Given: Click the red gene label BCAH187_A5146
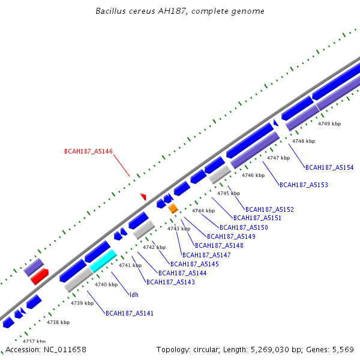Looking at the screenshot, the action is tap(88, 152).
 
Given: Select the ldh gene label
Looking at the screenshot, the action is tap(133, 295).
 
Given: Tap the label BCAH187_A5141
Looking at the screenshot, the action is tap(130, 313).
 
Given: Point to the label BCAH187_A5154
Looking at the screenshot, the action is tap(329, 168).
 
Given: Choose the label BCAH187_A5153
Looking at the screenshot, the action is tap(304, 185).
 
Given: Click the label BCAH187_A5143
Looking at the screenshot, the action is tap(170, 282).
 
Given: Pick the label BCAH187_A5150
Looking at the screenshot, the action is tap(244, 227).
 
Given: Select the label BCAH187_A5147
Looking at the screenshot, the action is tap(206, 255).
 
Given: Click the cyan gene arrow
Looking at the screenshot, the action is tap(103, 261).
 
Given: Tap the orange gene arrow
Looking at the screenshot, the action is tap(173, 208).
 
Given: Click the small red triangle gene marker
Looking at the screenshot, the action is tap(143, 196).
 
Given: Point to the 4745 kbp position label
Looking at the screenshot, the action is tap(229, 193).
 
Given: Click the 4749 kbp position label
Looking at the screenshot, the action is tap(329, 124).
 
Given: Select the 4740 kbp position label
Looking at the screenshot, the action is tap(106, 284).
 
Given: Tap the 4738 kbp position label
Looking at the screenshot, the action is tap(58, 322).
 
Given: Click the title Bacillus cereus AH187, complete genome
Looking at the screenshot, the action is tap(180, 11).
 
